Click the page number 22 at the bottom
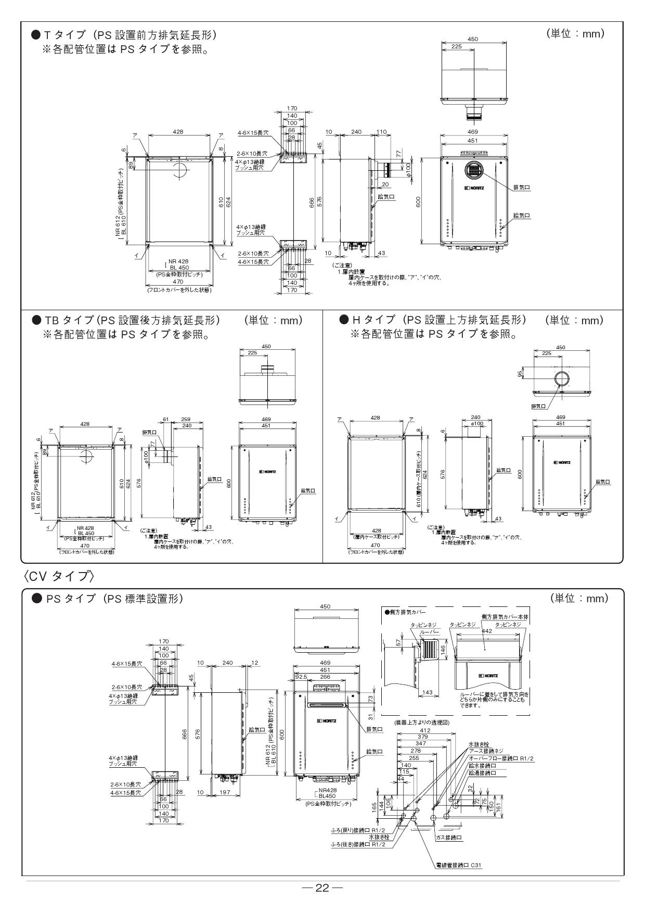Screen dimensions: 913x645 pos(322,888)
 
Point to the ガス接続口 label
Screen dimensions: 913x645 pos(450,838)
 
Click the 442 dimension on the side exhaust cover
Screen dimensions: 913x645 pos(487,631)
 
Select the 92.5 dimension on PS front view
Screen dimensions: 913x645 pos(301,677)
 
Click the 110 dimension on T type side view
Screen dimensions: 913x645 pos(382,132)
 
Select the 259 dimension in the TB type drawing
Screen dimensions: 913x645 pos(186,419)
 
